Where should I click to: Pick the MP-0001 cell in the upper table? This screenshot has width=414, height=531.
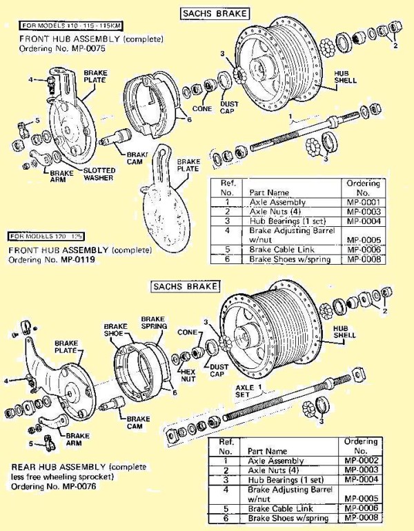pyautogui.click(x=363, y=202)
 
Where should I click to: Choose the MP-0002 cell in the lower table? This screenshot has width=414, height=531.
pyautogui.click(x=363, y=461)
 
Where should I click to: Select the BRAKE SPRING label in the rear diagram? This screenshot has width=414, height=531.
pyautogui.click(x=152, y=323)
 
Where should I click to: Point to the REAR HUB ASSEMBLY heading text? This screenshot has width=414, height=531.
pyautogui.click(x=59, y=467)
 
